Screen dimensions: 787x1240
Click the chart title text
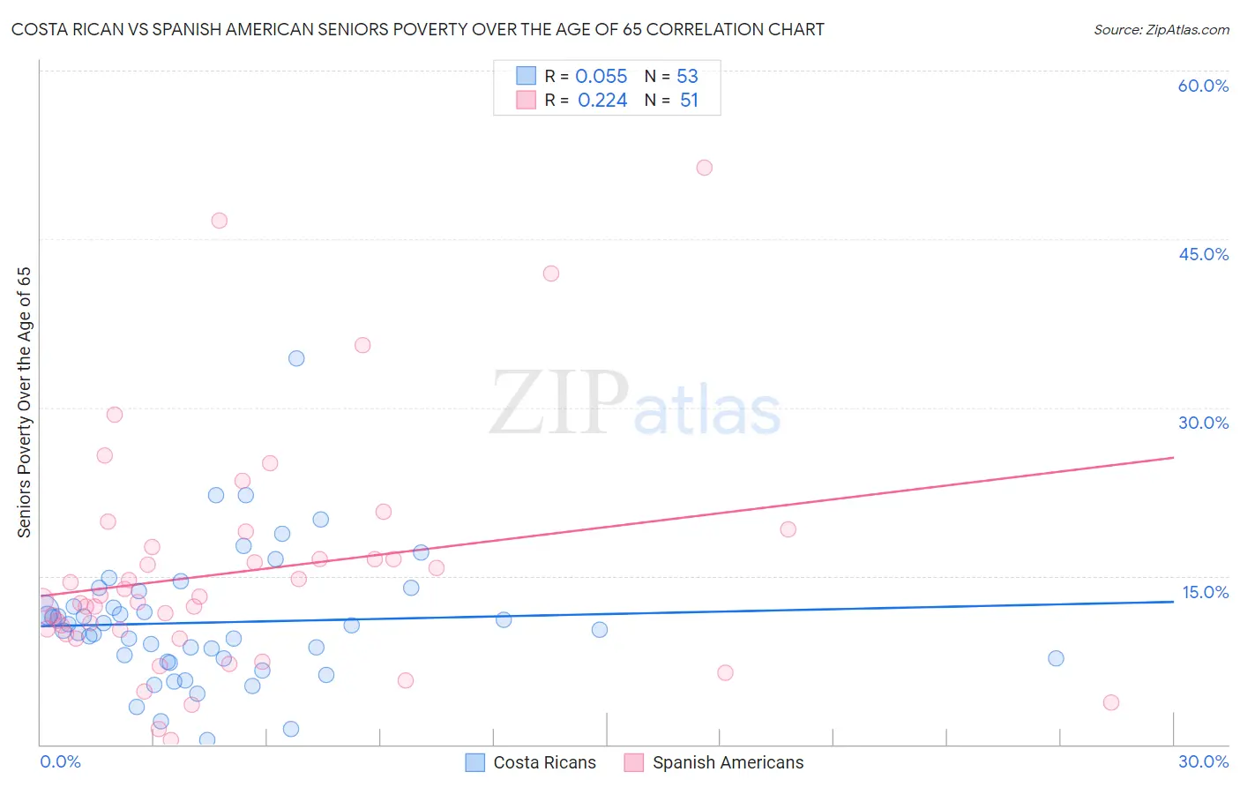pos(417,29)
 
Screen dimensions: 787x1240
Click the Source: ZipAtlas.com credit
pos(1161,29)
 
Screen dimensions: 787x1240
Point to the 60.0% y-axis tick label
pos(1203,86)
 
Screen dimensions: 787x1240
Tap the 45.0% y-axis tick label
pos(1203,254)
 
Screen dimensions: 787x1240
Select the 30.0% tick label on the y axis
pos(1203,423)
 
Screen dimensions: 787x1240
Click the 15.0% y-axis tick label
pos(1205,592)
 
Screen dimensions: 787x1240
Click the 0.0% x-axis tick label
pos(60,761)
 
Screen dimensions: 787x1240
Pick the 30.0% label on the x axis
pos(1203,761)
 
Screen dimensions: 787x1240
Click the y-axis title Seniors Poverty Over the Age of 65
pos(24,402)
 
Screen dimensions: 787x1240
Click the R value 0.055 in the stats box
pos(601,76)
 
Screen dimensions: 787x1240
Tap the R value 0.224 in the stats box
pos(602,101)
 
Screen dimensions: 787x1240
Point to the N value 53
pos(687,76)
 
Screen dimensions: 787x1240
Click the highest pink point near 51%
pos(704,168)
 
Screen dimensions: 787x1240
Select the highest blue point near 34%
pos(296,358)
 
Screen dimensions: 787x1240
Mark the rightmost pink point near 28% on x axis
pos(1111,702)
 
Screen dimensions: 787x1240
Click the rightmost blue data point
pos(1056,658)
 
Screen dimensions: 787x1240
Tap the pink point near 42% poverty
pos(551,274)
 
